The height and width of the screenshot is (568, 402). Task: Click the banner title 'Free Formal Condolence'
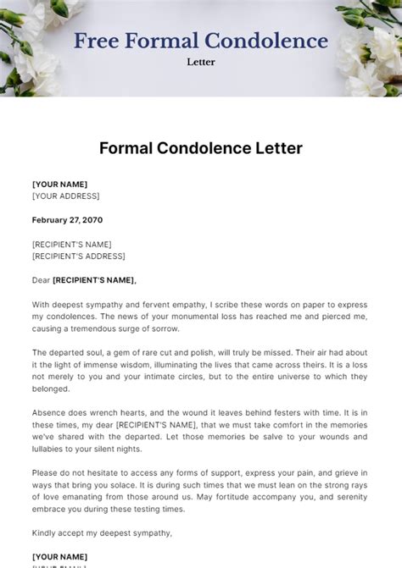coord(201,40)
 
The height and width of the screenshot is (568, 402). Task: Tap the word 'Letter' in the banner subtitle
coord(201,61)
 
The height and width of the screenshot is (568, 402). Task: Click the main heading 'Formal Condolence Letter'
coord(201,148)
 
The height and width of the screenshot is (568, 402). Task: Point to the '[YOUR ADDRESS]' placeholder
coord(65,196)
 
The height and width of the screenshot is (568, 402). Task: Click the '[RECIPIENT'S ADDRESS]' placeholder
coord(78,256)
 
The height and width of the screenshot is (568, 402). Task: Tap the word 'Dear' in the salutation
coord(41,280)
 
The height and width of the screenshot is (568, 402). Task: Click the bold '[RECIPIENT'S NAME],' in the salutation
coord(94,280)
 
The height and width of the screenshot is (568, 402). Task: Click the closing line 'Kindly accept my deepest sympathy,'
coord(102,532)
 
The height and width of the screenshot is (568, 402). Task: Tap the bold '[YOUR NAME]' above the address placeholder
coord(59,184)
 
